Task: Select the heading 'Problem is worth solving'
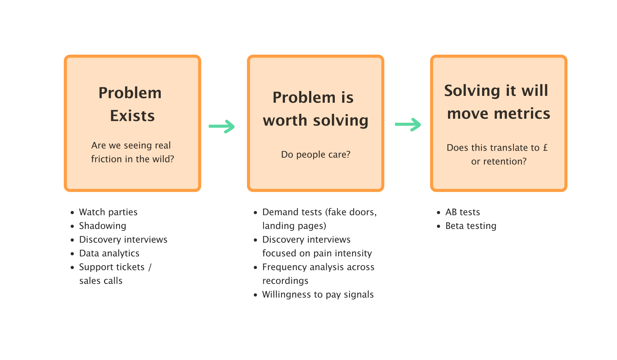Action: [x=315, y=109]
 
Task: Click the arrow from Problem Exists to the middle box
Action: [x=222, y=126]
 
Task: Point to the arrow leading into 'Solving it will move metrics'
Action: [x=408, y=124]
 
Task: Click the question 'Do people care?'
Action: [x=316, y=154]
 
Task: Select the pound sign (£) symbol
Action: [x=545, y=148]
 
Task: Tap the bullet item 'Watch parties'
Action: [x=108, y=212]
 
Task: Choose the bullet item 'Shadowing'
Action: [x=102, y=226]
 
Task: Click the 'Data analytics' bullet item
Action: [x=109, y=253]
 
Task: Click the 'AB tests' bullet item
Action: [x=463, y=212]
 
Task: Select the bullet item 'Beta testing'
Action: [x=471, y=226]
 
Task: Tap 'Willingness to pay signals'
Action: [x=318, y=294]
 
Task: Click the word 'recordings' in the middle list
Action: [x=285, y=281]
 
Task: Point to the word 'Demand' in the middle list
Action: [x=277, y=212]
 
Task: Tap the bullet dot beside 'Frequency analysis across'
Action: [x=255, y=267]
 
